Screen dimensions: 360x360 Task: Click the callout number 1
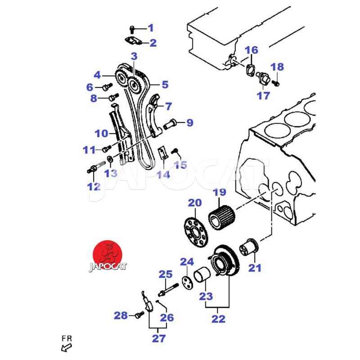point(151,28)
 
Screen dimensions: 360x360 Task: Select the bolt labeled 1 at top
point(132,29)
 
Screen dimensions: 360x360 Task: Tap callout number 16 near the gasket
point(252,49)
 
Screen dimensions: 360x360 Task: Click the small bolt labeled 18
point(277,83)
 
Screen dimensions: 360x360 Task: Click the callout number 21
point(255,268)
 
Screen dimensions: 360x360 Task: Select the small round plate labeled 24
point(186,279)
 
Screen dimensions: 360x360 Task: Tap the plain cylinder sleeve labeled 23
point(202,279)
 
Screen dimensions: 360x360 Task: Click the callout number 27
point(158,338)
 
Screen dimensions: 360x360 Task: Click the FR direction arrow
point(67,347)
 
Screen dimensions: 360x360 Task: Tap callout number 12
point(93,186)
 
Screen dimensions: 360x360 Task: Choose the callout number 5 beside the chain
point(165,84)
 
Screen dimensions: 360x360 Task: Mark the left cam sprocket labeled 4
point(120,80)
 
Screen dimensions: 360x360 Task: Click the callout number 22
point(218,319)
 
